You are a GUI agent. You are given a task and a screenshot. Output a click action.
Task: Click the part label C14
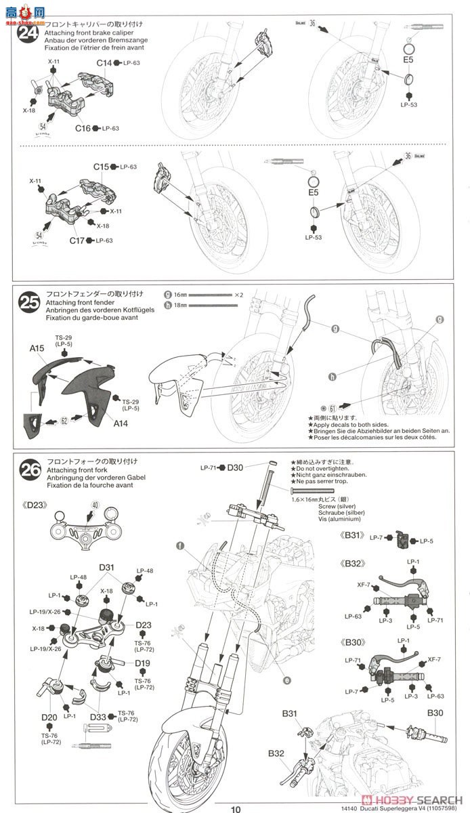tap(104, 62)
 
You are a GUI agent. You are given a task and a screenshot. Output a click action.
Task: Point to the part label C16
tap(83, 127)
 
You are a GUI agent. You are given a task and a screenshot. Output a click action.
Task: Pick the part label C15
tap(102, 167)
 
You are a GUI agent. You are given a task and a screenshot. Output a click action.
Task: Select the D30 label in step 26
tap(234, 467)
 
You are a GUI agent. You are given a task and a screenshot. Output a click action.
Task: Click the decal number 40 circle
tap(95, 505)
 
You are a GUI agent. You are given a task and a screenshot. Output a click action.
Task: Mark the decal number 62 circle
tap(64, 421)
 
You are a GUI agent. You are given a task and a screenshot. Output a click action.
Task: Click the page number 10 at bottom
tap(235, 808)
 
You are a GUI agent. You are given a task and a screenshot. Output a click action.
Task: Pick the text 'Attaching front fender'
tap(79, 302)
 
